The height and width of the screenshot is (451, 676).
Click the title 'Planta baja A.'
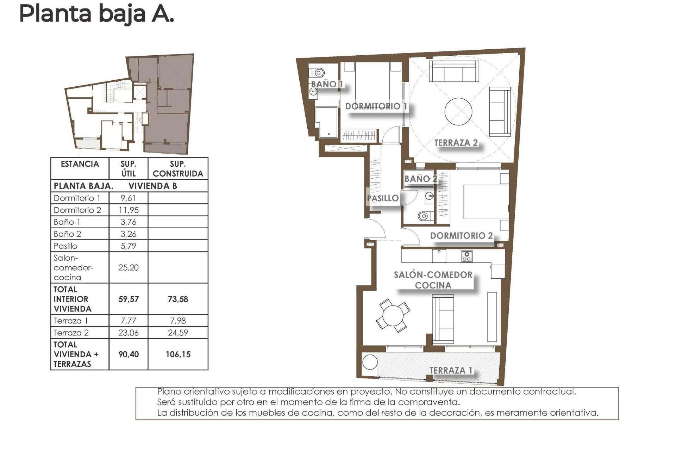[x=96, y=14]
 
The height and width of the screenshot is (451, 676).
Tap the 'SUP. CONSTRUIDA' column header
[x=178, y=169]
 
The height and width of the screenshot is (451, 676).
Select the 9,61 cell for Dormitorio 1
[x=128, y=198]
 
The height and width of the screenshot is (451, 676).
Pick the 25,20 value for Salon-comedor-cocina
[x=128, y=267]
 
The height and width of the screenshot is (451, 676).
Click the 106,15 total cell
[x=178, y=354]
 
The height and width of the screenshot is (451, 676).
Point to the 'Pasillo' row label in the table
[x=65, y=246]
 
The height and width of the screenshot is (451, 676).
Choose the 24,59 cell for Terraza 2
[x=178, y=333]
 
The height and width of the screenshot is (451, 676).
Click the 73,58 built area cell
[x=178, y=299]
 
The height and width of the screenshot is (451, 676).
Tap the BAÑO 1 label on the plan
[x=327, y=84]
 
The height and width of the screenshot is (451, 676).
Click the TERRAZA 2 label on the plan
[x=456, y=143]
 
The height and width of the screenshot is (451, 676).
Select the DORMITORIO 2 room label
[x=461, y=236]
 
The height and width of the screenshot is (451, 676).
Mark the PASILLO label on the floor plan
[x=383, y=198]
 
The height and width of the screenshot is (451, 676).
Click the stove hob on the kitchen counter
[x=467, y=256]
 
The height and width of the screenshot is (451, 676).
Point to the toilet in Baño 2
[x=425, y=216]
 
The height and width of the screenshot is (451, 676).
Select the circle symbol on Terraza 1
[x=370, y=362]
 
